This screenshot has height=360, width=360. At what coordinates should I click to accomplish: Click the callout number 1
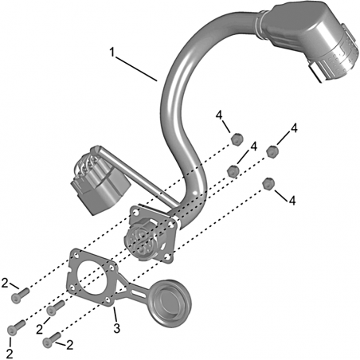click(112, 52)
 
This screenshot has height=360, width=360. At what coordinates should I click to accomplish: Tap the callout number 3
click(117, 328)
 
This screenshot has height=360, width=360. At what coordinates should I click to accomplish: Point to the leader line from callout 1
click(136, 68)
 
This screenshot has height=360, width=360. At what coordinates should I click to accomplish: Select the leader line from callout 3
click(115, 314)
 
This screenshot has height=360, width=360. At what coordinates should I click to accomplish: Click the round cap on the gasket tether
click(170, 303)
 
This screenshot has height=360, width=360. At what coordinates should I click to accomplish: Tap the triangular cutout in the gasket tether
click(121, 288)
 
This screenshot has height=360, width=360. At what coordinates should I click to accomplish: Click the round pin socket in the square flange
click(141, 237)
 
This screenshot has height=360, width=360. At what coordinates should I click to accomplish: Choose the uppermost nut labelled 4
click(237, 139)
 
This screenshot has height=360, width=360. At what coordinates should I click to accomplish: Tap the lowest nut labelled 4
click(268, 183)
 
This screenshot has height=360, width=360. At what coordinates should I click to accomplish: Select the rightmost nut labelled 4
click(272, 151)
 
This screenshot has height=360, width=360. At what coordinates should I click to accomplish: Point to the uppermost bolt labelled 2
click(20, 295)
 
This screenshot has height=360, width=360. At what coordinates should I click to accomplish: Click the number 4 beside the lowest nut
click(292, 201)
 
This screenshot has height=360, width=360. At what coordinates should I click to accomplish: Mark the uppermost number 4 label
click(219, 115)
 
